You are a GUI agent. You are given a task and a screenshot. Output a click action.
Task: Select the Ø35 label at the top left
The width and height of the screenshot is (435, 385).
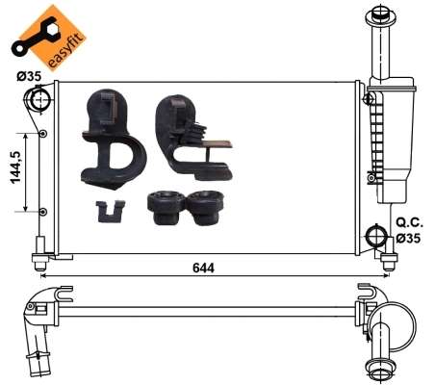pos(29,76)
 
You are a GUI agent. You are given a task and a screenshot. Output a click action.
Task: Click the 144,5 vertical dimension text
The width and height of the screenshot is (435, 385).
pos(16,167)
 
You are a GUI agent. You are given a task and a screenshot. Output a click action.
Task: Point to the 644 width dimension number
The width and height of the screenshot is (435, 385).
pos(203,268)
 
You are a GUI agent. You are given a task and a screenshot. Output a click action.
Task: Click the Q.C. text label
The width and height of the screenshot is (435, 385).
pos(410,222)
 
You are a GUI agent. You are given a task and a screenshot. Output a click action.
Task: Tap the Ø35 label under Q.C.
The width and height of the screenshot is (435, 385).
pos(408,238)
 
